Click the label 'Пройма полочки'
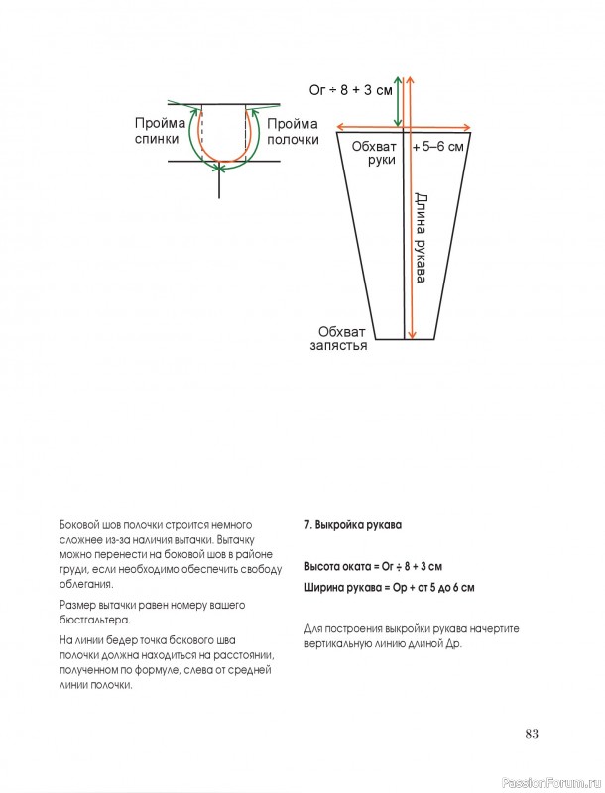[x=293, y=130]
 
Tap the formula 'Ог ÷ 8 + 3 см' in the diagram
[x=351, y=90]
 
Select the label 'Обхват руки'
[x=375, y=152]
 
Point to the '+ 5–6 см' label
[x=436, y=146]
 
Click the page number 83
[x=531, y=734]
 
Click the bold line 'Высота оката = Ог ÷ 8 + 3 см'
[x=372, y=567]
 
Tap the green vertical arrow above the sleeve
[x=399, y=99]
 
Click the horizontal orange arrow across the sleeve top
[x=405, y=126]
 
